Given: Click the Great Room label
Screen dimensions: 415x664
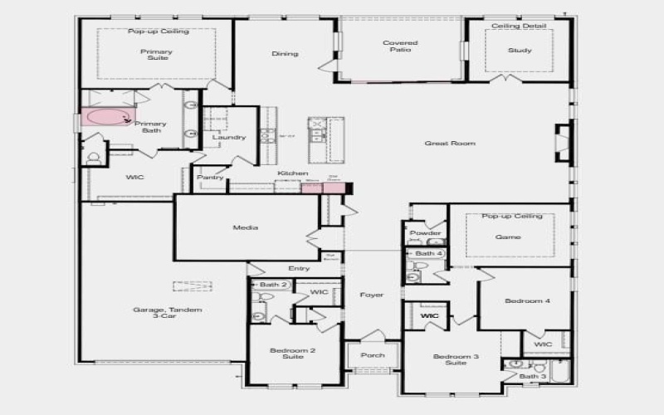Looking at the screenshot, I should tap(450, 144).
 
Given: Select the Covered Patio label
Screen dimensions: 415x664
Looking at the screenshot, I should tap(399, 46).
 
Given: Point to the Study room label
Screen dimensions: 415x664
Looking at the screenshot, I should tap(520, 51).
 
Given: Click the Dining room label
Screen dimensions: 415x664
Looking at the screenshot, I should tap(285, 54).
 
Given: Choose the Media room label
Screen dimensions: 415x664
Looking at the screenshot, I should tap(245, 227).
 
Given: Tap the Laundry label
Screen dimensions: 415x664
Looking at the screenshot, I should tap(228, 138).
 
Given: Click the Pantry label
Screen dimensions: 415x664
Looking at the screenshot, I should tap(209, 177).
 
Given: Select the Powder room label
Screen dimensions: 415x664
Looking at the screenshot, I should tap(426, 233).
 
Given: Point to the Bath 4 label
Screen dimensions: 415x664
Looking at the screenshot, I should tap(429, 253).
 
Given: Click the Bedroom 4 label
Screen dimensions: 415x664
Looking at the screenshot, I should tap(526, 300).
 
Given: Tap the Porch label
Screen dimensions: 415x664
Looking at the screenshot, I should tap(373, 355).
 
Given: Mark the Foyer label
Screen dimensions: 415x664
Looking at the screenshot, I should tap(372, 295).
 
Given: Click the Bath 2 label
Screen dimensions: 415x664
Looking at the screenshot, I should tap(273, 285).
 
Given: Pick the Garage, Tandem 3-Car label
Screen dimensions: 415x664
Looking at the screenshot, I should tap(167, 314).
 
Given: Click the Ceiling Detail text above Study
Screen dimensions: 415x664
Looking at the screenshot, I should tap(519, 27).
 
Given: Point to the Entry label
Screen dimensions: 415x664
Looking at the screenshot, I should tap(299, 268).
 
